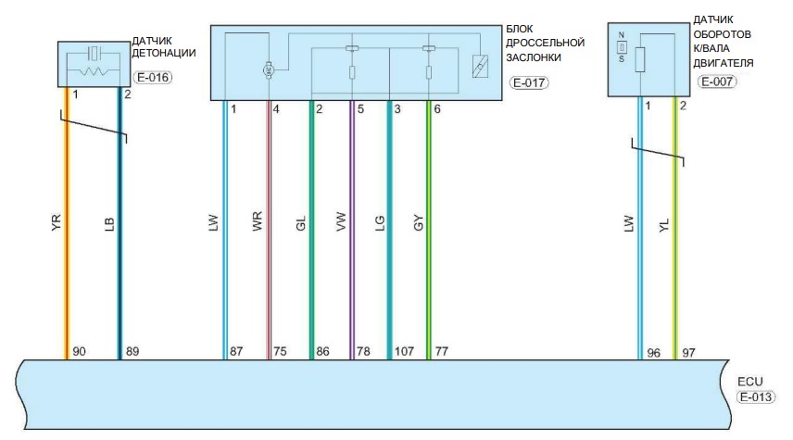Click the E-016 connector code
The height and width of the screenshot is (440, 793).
click(153, 78)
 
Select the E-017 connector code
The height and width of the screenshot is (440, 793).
click(529, 82)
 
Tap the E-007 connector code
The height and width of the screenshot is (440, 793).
click(717, 82)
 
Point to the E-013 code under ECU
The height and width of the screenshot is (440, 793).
click(756, 397)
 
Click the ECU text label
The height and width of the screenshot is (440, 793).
click(750, 382)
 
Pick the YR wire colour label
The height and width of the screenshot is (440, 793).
click(57, 222)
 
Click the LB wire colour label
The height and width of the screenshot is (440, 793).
click(109, 224)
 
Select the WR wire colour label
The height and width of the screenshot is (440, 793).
click(257, 221)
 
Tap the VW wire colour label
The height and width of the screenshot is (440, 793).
click(341, 221)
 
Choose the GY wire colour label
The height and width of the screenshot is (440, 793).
click(418, 223)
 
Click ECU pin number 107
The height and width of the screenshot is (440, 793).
click(404, 351)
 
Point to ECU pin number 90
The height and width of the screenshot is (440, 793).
click(80, 351)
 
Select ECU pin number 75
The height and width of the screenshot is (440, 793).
click(280, 351)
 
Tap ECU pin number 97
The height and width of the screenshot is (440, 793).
click(688, 353)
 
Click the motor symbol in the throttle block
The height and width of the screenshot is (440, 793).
click(269, 69)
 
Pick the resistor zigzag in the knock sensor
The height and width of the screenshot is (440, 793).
click(93, 71)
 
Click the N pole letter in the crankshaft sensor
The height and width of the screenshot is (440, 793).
click(621, 35)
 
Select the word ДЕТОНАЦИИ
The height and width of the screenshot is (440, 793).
click(164, 53)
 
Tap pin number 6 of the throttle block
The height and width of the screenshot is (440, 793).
click(437, 109)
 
